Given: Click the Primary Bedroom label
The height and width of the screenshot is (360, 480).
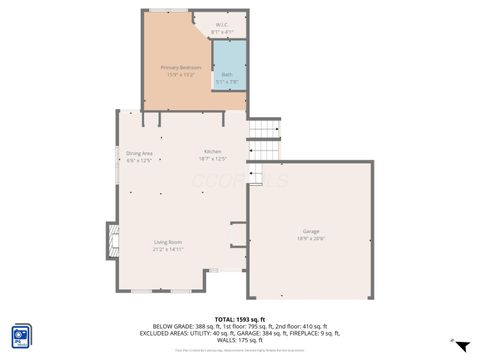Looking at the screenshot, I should coord(182,67).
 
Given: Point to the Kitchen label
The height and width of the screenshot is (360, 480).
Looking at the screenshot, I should coord(213,150).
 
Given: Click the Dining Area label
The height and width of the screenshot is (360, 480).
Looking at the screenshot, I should coord(139,152).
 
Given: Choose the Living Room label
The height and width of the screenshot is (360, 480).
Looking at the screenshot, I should coord(167,242).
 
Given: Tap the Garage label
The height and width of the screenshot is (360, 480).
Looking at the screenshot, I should coord(311,230).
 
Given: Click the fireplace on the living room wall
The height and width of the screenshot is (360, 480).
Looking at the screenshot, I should coord(111,241).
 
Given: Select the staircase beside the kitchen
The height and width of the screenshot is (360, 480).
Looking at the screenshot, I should coord(264,141).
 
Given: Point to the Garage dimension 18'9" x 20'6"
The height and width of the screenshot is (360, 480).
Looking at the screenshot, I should coord(311,238).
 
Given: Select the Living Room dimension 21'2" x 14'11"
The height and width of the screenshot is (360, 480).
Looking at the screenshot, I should coord(167,249).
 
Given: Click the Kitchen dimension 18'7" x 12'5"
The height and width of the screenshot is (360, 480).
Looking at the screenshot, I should coord(213,158).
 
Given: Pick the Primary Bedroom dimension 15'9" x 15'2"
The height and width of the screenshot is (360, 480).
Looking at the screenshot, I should coord(182,74).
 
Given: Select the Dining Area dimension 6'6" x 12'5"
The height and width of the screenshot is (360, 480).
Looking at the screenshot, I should coord(139,160).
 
